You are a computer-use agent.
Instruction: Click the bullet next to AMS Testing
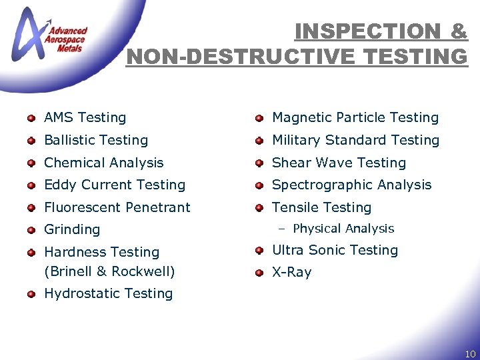click(31, 119)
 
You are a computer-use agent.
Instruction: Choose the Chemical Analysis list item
click(103, 163)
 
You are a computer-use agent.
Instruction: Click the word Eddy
click(59, 185)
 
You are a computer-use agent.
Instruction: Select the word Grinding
click(72, 229)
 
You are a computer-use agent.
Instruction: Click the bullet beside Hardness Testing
click(31, 253)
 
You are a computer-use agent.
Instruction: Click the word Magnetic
click(302, 117)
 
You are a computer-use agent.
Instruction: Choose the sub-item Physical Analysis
click(343, 229)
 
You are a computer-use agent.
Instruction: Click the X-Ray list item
click(291, 272)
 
